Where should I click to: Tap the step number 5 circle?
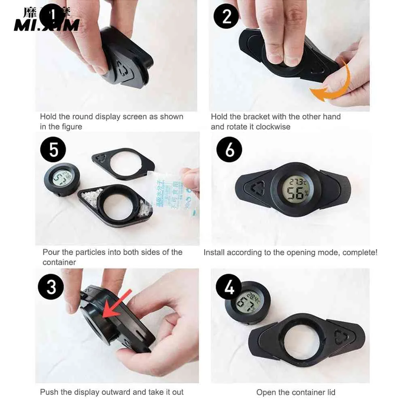click(53, 150)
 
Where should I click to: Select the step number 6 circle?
click(229, 150)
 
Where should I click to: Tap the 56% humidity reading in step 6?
click(297, 194)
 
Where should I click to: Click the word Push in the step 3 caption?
click(48, 392)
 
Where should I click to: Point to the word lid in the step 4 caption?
click(329, 392)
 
